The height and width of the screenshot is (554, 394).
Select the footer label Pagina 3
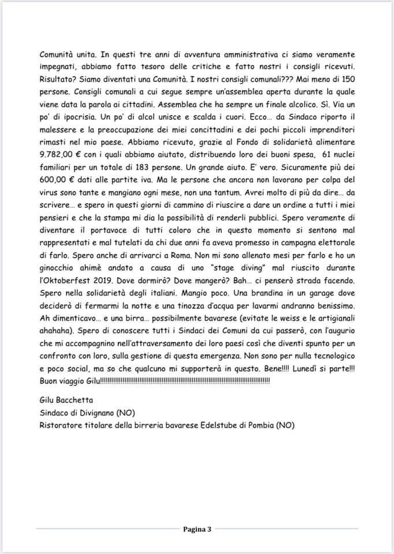click(197, 529)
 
